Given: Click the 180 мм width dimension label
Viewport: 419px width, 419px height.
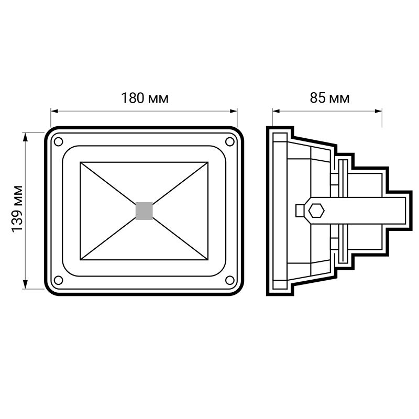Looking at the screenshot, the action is (145, 98).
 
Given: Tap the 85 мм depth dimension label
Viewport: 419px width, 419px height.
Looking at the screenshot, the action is (329, 98).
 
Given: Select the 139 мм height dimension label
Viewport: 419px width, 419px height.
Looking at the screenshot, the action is (17, 208).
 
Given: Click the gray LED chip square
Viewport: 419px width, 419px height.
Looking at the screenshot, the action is (144, 211).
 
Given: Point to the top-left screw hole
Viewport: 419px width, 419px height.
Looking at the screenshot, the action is (58, 141).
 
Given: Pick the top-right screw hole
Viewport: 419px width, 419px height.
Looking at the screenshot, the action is (230, 141).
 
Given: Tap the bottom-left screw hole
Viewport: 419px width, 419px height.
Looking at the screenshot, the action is (58, 280).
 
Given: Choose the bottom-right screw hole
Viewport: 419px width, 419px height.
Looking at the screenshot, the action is (230, 280).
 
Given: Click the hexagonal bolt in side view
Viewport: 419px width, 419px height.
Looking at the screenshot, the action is (316, 211).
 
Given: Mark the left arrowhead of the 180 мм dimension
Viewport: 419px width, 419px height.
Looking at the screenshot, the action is (54, 111).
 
